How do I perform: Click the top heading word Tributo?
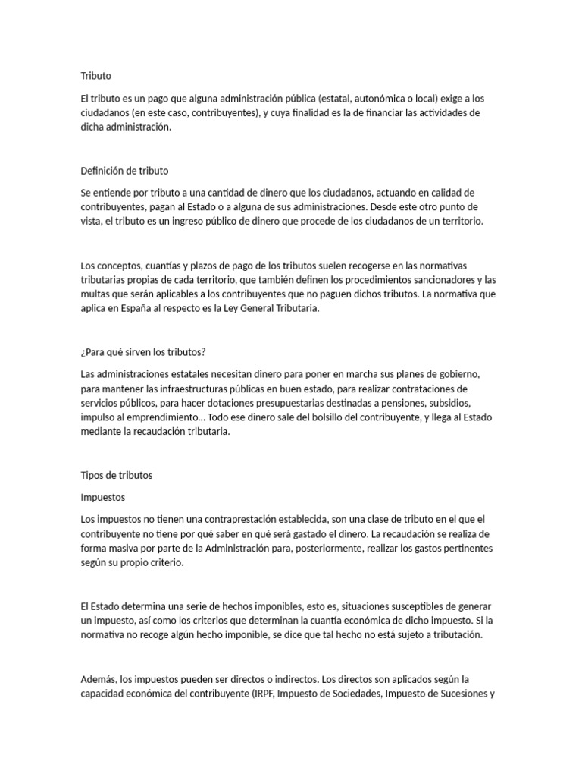(x=95, y=76)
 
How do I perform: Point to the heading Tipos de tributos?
(x=116, y=475)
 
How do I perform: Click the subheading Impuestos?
(x=103, y=497)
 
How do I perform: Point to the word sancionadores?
(x=440, y=280)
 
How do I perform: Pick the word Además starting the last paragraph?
(x=101, y=679)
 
